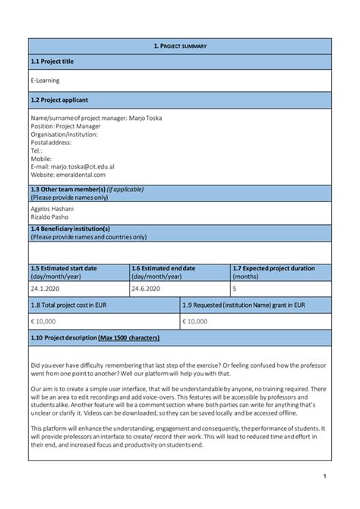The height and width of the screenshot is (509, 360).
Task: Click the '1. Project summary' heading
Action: click(180, 46)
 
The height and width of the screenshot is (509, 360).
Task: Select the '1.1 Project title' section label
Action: click(52, 62)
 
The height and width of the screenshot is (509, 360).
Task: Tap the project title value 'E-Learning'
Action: click(45, 81)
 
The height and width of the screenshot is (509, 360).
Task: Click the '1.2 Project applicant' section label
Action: click(59, 100)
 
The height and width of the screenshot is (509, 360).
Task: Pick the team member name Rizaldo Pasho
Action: click(49, 217)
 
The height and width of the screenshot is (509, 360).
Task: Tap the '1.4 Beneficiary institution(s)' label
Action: click(70, 229)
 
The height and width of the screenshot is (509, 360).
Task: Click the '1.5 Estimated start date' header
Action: click(64, 268)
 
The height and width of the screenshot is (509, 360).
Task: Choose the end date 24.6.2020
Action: click(147, 289)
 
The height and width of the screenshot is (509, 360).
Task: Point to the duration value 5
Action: click(234, 289)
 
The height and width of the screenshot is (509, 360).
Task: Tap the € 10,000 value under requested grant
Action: click(196, 321)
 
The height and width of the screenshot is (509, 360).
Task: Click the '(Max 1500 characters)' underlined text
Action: click(129, 337)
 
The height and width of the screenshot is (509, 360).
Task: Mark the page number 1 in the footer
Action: click(324, 476)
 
